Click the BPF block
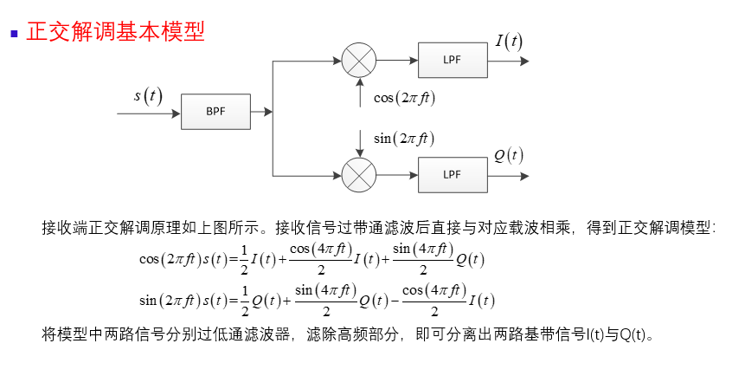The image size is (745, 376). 215,112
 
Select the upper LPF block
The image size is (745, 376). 452,60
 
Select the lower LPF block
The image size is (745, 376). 452,174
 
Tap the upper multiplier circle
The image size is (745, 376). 359,60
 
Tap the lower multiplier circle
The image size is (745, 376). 359,174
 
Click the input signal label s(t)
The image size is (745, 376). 148,95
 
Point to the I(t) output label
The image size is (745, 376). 509,41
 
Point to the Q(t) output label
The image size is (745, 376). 509,155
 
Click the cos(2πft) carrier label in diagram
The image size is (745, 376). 404,98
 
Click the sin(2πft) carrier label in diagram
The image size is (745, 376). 403,138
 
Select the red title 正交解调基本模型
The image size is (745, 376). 116,32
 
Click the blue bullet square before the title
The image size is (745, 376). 14,34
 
